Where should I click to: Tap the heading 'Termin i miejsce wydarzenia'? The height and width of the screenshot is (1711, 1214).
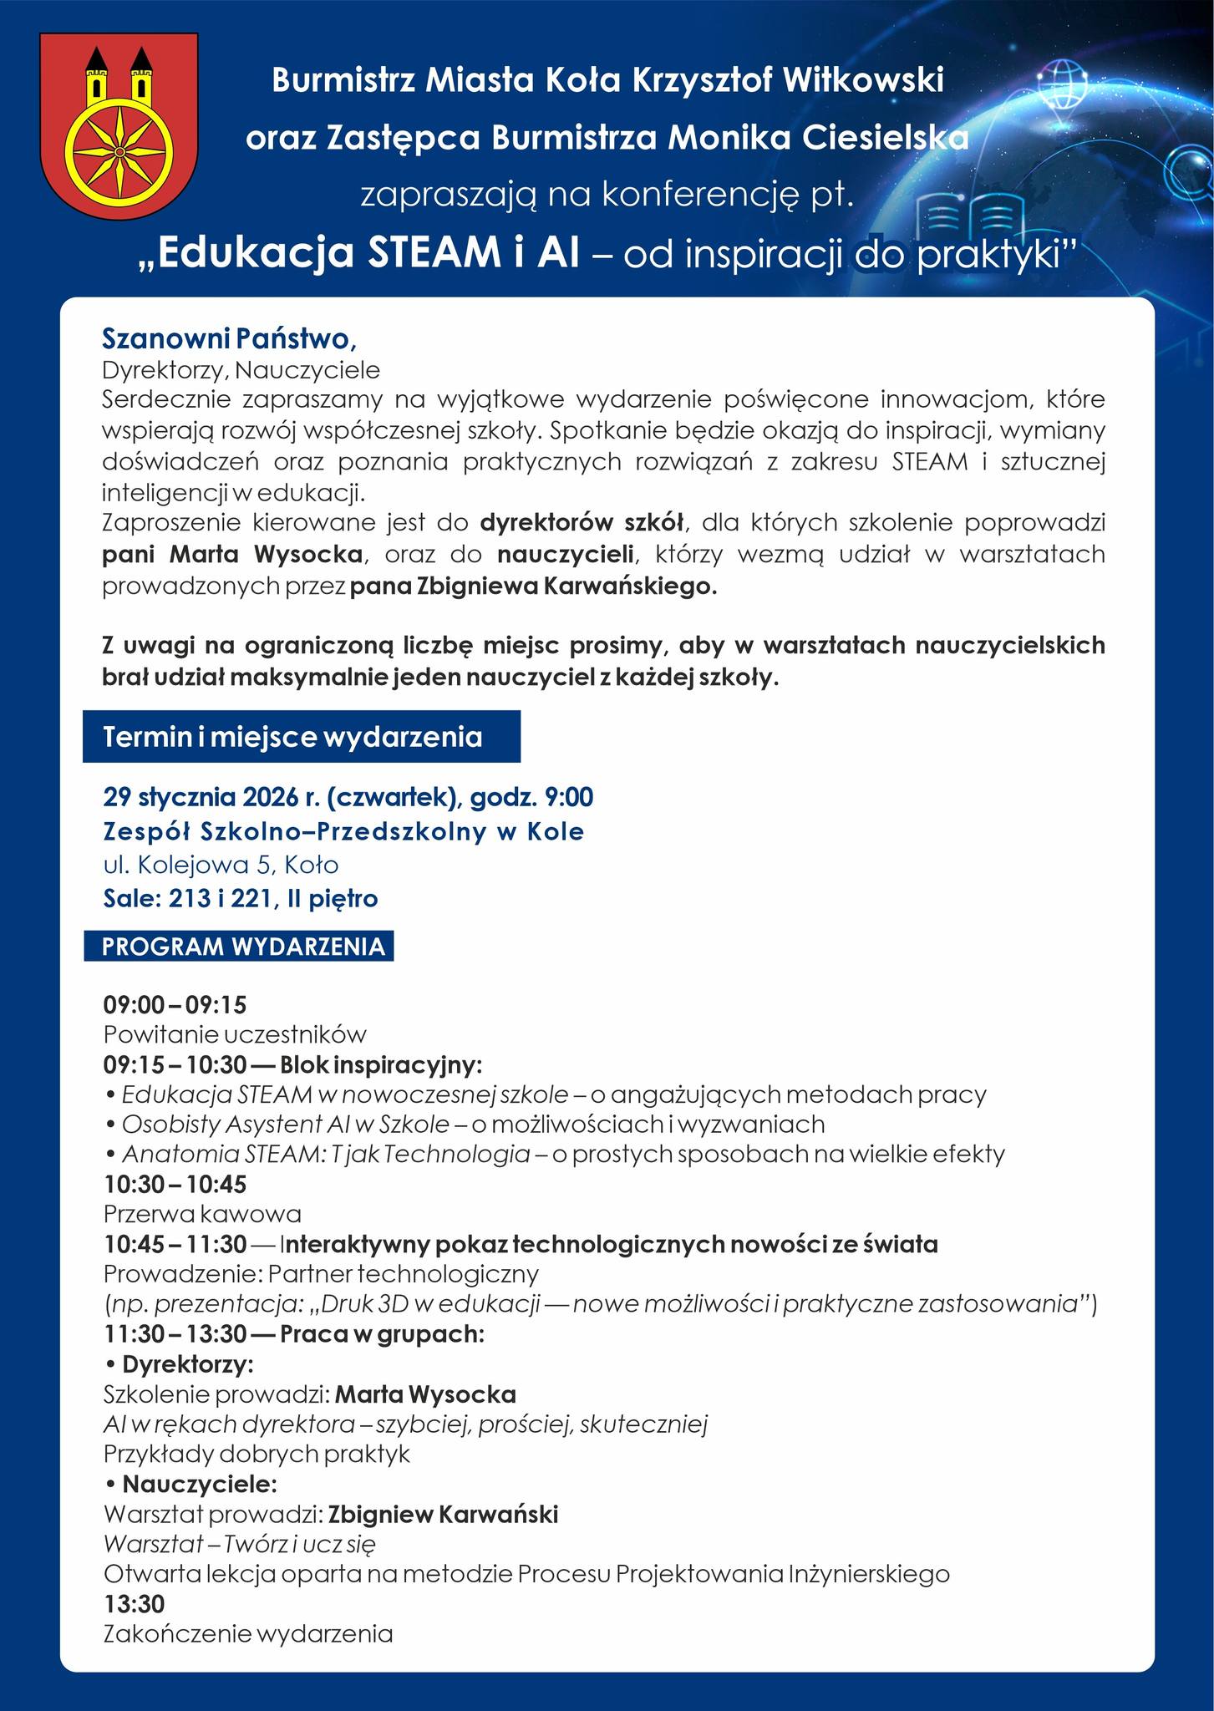click(x=292, y=737)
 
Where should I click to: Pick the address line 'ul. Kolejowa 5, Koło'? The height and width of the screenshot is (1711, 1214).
click(x=221, y=865)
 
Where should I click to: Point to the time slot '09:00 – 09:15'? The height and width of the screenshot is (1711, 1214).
click(x=175, y=1004)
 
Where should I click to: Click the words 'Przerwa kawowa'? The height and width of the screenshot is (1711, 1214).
click(x=202, y=1213)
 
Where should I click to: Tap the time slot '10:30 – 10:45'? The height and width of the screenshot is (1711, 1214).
click(x=175, y=1184)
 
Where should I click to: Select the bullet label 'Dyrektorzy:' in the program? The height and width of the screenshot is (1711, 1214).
click(x=187, y=1365)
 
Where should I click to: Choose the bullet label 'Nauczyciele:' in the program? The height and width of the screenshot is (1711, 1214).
click(x=199, y=1485)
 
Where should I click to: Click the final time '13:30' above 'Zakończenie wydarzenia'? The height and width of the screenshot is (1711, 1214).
click(x=134, y=1604)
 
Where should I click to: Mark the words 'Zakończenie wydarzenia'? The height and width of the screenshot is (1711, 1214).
click(x=248, y=1634)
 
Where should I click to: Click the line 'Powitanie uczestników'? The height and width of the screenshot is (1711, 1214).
click(x=235, y=1034)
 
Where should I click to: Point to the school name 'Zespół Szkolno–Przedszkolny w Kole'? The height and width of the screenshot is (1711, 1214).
click(x=343, y=832)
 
